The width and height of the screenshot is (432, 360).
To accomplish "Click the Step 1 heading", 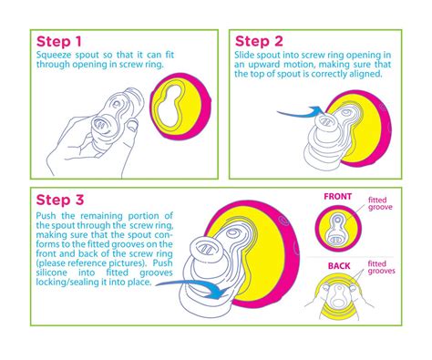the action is coord(59,42).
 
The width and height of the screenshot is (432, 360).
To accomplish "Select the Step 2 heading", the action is coord(259,41).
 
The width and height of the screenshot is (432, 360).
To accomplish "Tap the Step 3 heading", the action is coord(60,201).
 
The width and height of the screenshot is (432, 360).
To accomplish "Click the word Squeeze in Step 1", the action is coord(54,56).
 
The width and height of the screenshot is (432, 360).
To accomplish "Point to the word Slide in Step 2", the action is coord(244,55).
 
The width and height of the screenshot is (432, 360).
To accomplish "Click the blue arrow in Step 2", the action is coord(301,113).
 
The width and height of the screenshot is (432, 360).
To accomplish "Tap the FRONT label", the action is coord(337,197).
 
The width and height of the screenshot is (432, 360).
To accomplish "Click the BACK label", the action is coord(339,266).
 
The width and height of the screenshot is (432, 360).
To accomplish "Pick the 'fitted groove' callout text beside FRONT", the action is coord(380,203).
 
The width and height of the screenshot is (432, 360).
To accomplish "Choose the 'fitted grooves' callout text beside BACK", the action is coord(381,267).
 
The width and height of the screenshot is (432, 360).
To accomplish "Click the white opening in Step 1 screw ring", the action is coord(170,107).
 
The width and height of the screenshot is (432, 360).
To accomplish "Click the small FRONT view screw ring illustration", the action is coord(338,229).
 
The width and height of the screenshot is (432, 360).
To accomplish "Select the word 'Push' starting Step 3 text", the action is coord(46,216).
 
